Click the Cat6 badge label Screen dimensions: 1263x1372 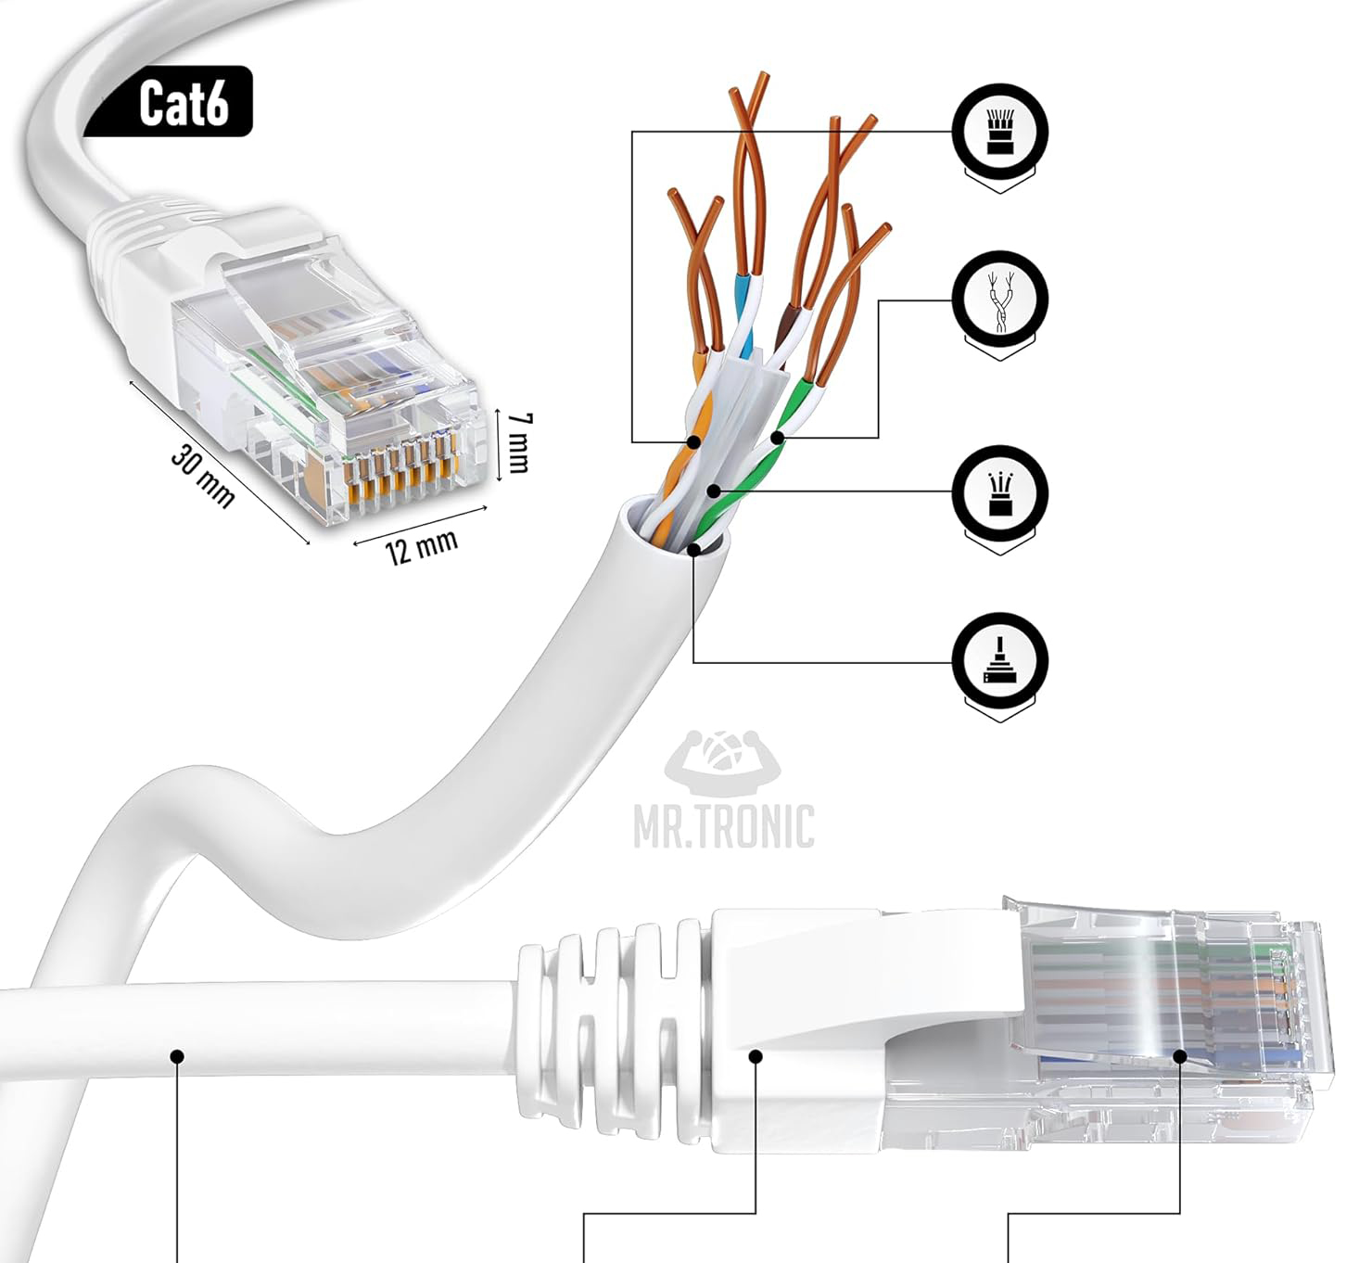[x=183, y=102]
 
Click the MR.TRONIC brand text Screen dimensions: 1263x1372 [x=724, y=826]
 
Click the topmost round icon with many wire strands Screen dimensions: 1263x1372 [x=999, y=132]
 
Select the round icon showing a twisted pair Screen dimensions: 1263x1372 [x=999, y=300]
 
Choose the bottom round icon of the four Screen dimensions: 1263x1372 [x=999, y=660]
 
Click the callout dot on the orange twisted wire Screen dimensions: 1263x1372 [x=693, y=440]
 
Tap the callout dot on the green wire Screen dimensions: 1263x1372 [x=777, y=436]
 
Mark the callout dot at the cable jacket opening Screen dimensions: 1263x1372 [x=694, y=548]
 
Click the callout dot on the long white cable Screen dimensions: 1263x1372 [x=177, y=1055]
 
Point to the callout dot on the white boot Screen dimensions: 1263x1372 [x=756, y=1055]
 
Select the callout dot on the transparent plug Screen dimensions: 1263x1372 [x=1180, y=1055]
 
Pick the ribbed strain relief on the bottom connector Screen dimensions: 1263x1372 [x=612, y=1015]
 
